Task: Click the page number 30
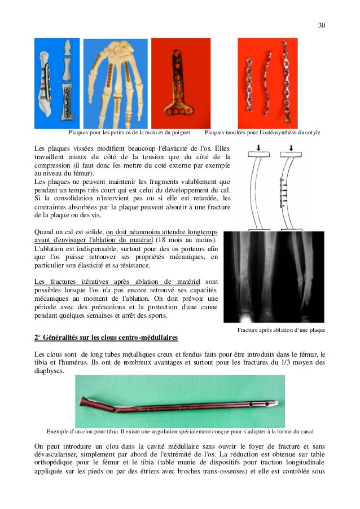point(322,25)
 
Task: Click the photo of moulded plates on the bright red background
point(267,83)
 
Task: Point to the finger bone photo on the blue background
point(56,83)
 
